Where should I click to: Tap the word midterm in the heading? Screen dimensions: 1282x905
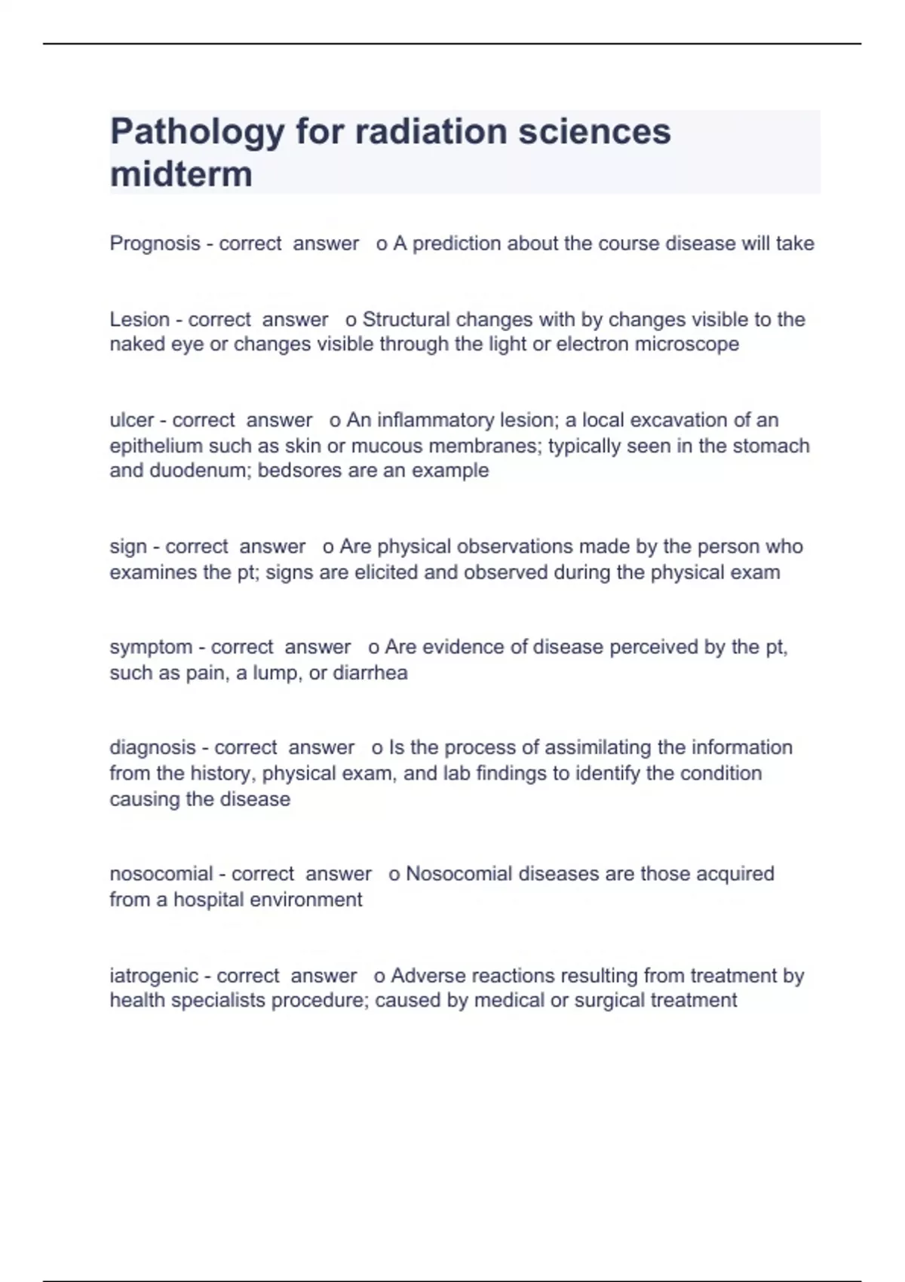point(181,175)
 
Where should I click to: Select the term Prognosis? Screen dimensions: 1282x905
point(155,244)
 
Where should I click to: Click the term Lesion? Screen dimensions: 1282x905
point(140,320)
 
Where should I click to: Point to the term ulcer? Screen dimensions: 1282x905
point(132,420)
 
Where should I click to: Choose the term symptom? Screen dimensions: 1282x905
point(151,647)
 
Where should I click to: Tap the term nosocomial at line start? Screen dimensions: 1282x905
point(161,874)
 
